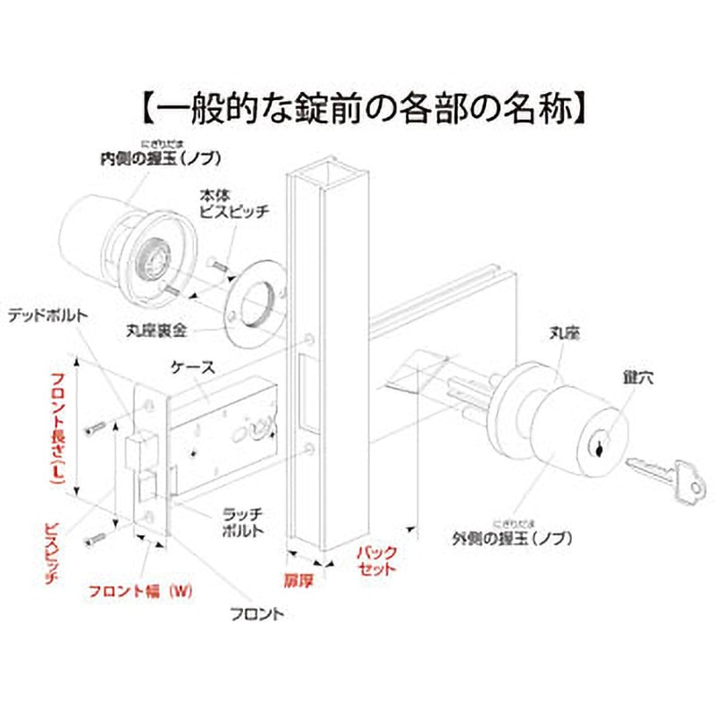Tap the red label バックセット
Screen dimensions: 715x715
click(376, 560)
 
